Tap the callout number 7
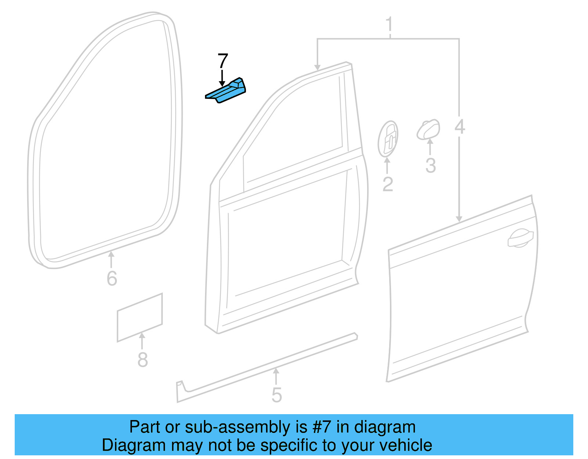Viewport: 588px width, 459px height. click(x=223, y=61)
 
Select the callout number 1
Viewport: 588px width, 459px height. click(x=389, y=25)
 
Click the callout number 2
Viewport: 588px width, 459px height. click(x=387, y=184)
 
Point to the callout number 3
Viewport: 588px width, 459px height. click(x=430, y=166)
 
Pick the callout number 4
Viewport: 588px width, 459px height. click(x=459, y=127)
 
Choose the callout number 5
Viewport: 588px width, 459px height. click(x=276, y=395)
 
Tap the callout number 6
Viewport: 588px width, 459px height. click(x=112, y=278)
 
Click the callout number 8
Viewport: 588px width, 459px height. click(x=143, y=360)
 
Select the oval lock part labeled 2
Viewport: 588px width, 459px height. click(x=388, y=138)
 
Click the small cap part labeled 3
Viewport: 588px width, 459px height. click(x=429, y=130)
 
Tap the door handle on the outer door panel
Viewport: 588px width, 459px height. click(x=520, y=238)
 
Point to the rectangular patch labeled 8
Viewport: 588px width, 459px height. click(x=140, y=318)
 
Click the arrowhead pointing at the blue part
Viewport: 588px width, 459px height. click(x=222, y=84)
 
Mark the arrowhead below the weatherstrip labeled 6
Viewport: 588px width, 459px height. click(x=111, y=254)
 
